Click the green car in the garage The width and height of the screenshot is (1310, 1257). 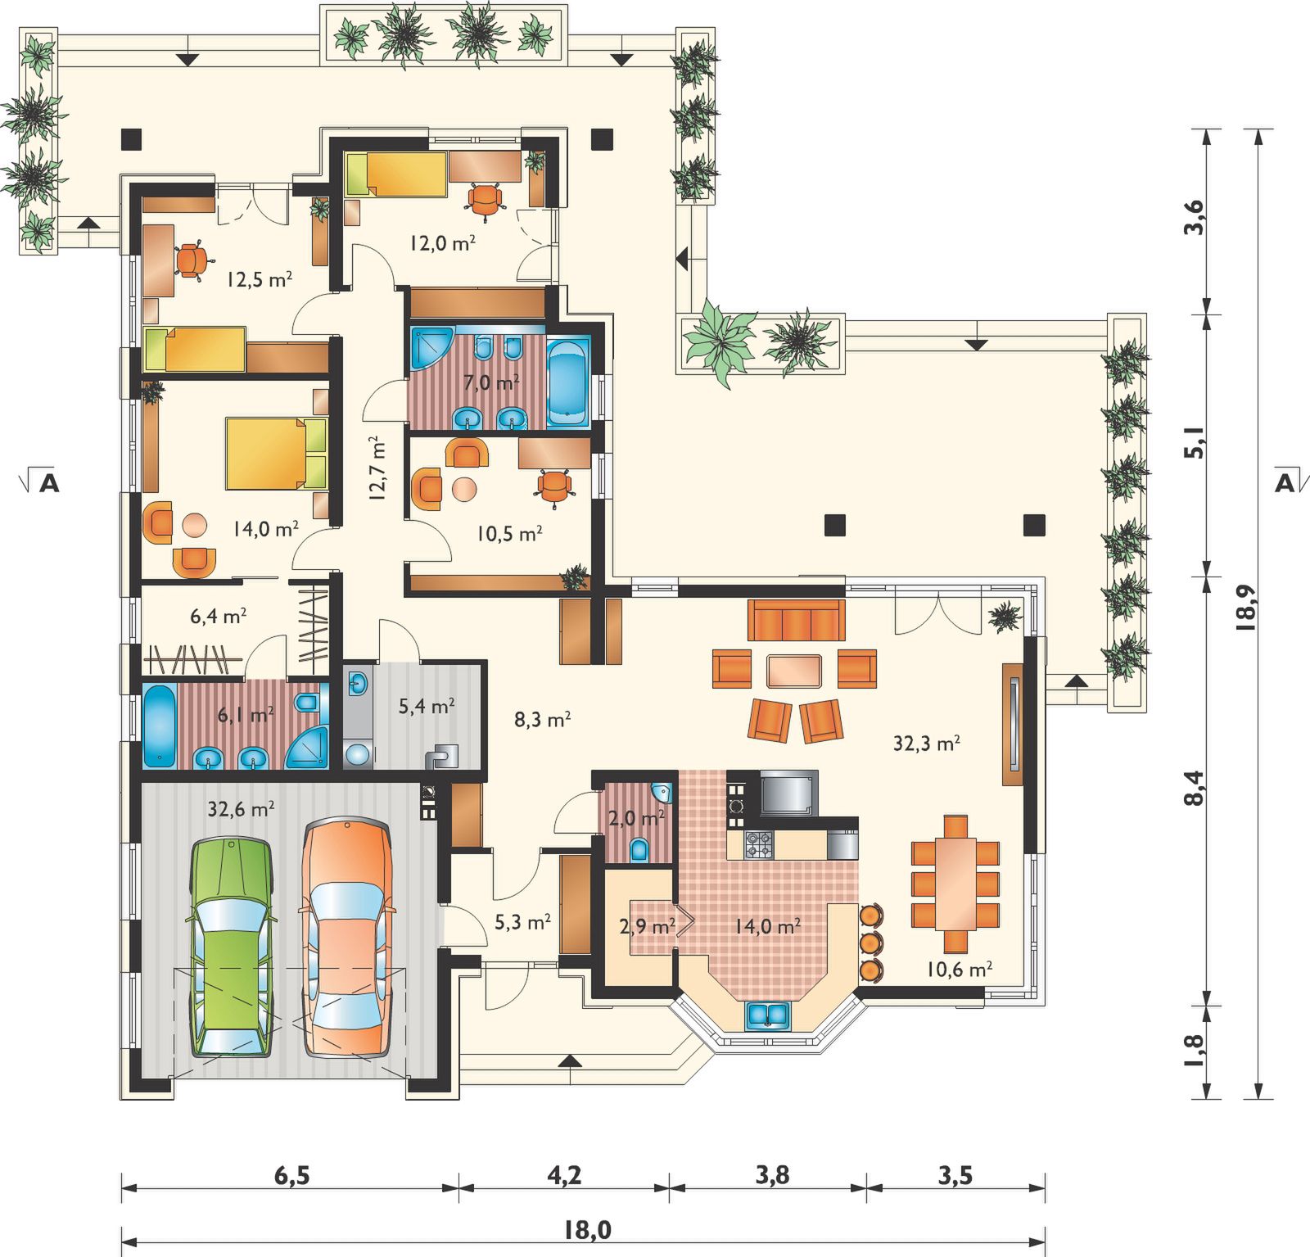click(232, 947)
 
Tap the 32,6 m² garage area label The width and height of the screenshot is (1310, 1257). click(241, 810)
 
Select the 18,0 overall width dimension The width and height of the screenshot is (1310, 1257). click(588, 1229)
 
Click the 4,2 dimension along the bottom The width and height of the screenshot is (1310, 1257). click(564, 1175)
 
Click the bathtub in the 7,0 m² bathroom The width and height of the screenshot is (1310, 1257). click(567, 383)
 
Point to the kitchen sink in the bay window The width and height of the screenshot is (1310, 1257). click(767, 1015)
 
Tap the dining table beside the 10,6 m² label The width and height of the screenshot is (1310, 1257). click(955, 883)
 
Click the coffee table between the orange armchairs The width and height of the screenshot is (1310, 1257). click(794, 671)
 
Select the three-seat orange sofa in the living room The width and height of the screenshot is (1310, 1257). click(796, 620)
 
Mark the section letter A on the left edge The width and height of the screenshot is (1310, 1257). click(49, 483)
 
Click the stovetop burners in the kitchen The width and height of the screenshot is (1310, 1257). click(758, 844)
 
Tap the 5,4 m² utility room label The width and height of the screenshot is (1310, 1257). click(427, 706)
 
